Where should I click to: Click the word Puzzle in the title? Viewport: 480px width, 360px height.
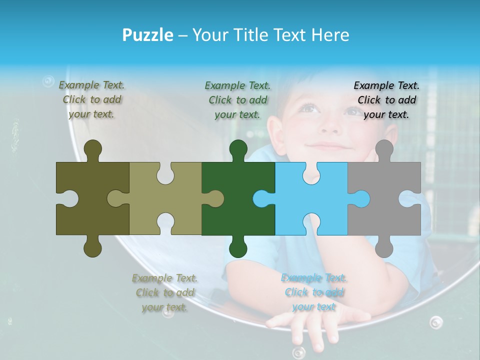pos(148,35)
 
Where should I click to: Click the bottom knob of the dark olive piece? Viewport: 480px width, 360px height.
pos(92,247)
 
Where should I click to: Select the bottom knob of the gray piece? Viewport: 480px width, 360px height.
pos(384,247)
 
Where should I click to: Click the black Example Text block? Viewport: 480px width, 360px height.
pos(386,100)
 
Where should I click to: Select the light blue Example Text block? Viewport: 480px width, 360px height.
pos(314,292)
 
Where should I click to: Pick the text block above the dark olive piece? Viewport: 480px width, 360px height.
pos(92,99)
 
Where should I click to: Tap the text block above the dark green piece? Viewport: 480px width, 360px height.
pos(237,100)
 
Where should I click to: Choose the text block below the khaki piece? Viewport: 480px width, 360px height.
pos(165,292)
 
